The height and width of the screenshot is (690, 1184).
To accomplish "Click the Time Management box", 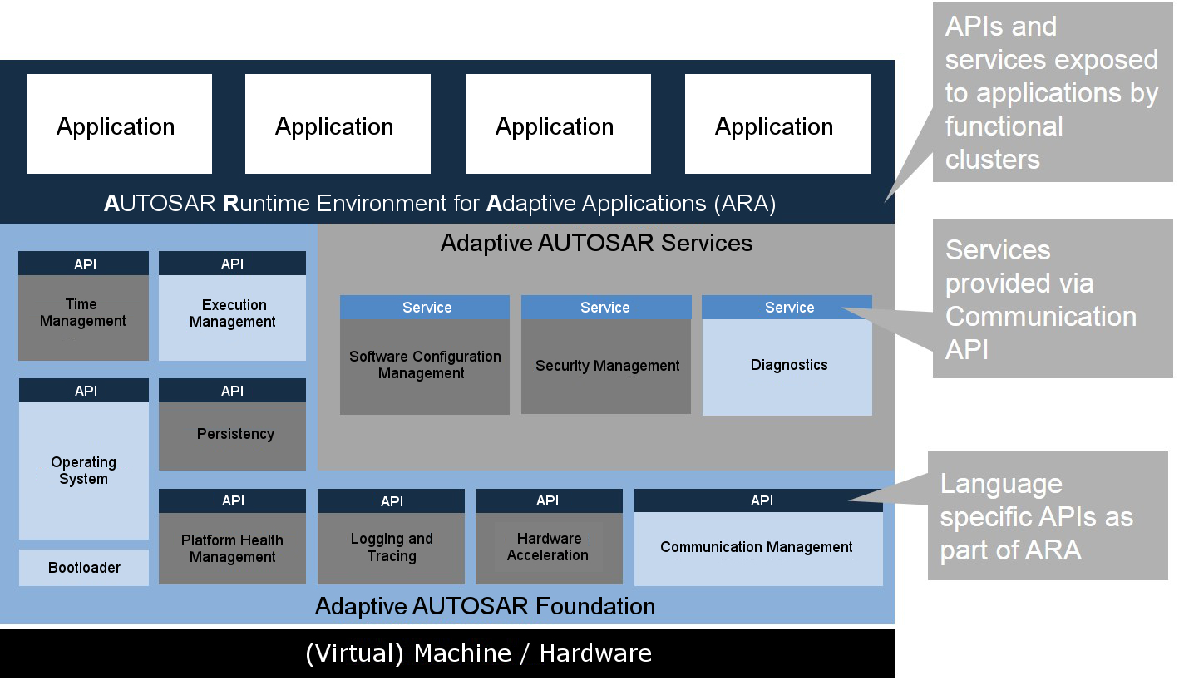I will tap(83, 317).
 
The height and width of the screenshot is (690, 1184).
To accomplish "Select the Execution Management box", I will tap(232, 317).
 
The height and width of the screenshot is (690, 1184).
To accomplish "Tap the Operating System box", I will tap(83, 471).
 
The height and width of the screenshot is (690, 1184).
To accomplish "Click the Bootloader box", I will tap(84, 568).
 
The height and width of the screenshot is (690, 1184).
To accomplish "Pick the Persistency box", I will tap(232, 436).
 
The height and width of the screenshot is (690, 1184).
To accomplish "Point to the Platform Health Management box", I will tap(232, 548).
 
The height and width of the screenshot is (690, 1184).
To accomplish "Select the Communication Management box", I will tap(757, 548).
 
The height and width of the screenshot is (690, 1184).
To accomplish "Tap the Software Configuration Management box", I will tap(424, 366).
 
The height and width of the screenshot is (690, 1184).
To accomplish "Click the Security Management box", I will tap(606, 366).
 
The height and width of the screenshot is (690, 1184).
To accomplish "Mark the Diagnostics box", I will tap(787, 366).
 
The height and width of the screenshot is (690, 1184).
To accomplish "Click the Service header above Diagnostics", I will tap(787, 308).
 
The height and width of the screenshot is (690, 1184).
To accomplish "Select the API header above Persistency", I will tap(232, 391).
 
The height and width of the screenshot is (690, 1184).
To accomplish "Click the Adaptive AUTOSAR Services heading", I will tap(596, 244).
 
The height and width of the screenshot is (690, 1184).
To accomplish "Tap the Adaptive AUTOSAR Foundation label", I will tap(485, 606).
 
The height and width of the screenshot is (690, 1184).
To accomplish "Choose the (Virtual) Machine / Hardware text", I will tap(478, 653).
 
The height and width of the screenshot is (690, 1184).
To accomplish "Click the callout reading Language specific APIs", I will tap(1048, 516).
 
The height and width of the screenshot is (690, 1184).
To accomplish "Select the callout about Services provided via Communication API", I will tap(1052, 299).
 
